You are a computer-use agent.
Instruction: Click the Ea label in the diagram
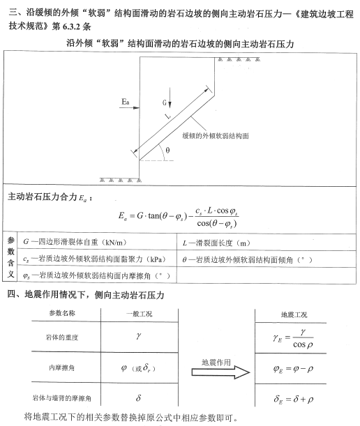[125, 102]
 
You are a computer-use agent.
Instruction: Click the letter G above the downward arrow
[165, 102]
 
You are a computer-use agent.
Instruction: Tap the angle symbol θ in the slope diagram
[166, 149]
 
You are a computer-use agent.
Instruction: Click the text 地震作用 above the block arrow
[216, 363]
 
